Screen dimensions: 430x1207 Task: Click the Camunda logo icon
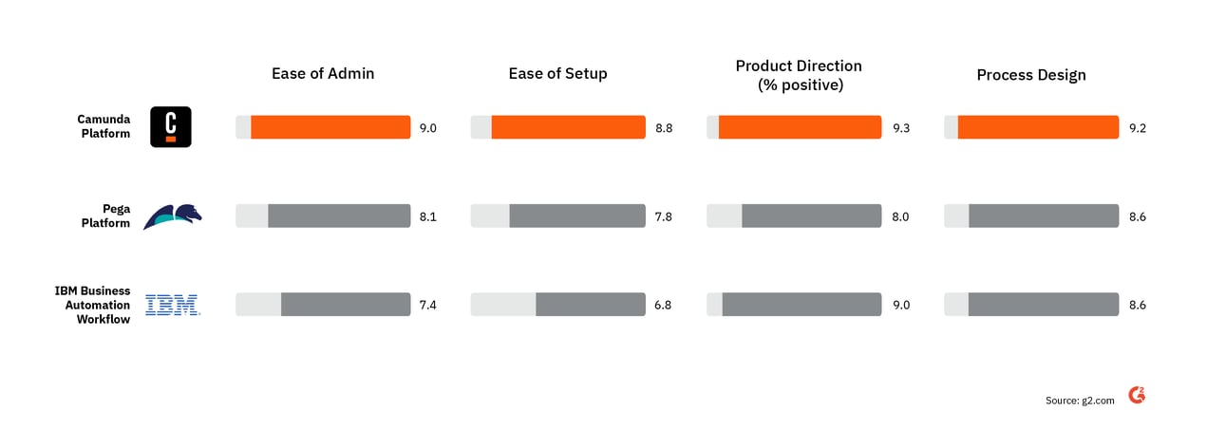(171, 127)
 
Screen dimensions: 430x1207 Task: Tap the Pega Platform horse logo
(172, 216)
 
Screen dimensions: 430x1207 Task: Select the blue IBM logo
(172, 305)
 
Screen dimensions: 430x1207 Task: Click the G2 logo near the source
(1137, 396)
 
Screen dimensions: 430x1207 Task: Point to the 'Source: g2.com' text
(1080, 401)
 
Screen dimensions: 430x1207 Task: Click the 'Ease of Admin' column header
(323, 74)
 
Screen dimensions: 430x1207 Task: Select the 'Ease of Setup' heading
(557, 74)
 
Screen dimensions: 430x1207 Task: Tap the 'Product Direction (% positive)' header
(799, 75)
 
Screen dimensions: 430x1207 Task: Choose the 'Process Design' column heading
(1031, 75)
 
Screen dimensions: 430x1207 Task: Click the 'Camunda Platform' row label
(104, 127)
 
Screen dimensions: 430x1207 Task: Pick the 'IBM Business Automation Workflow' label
(92, 305)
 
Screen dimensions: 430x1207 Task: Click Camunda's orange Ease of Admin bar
(330, 127)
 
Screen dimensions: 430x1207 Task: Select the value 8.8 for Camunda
(663, 128)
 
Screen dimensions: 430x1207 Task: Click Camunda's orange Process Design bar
(1038, 127)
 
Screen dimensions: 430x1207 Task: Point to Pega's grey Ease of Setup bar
(577, 216)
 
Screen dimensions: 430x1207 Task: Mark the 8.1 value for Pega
(427, 216)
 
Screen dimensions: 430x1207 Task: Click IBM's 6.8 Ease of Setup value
(663, 305)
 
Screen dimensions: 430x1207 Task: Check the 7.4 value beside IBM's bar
(427, 305)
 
